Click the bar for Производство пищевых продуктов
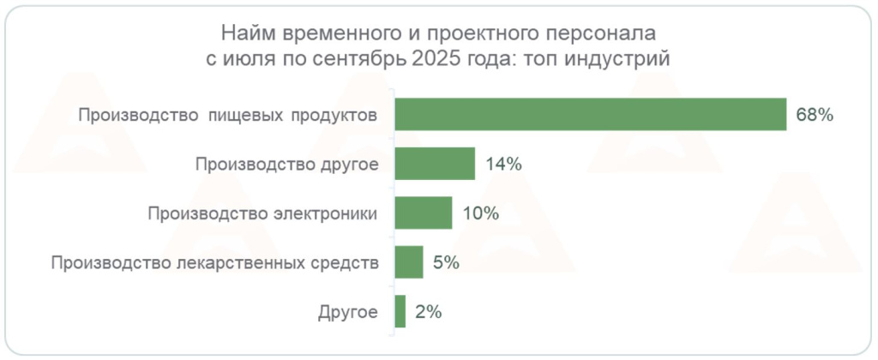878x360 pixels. (x=591, y=115)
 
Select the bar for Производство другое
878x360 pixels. (x=435, y=164)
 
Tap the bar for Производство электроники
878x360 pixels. (x=424, y=213)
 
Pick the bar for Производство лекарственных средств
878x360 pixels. (x=409, y=262)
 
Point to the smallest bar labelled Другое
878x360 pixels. (x=400, y=311)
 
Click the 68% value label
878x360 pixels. (x=815, y=115)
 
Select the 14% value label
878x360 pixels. (x=502, y=164)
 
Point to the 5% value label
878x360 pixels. (x=446, y=262)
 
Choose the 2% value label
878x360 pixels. (x=428, y=311)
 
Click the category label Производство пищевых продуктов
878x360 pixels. (x=226, y=115)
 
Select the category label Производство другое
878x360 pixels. (x=286, y=164)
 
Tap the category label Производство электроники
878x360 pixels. (x=262, y=213)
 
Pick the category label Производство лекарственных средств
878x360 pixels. (x=214, y=262)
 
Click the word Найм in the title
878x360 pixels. (x=243, y=34)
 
